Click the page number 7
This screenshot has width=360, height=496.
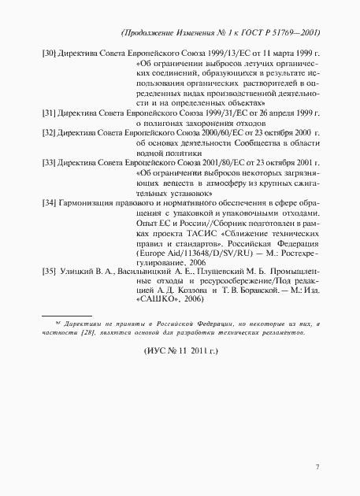(317, 468)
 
